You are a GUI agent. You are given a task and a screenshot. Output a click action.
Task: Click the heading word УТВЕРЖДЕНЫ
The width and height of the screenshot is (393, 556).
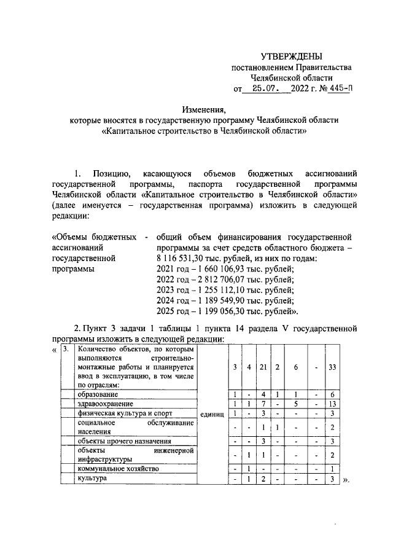291,57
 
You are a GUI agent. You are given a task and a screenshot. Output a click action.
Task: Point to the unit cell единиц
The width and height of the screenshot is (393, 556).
214,413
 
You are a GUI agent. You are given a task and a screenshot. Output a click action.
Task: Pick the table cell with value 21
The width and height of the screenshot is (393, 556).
262,367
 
